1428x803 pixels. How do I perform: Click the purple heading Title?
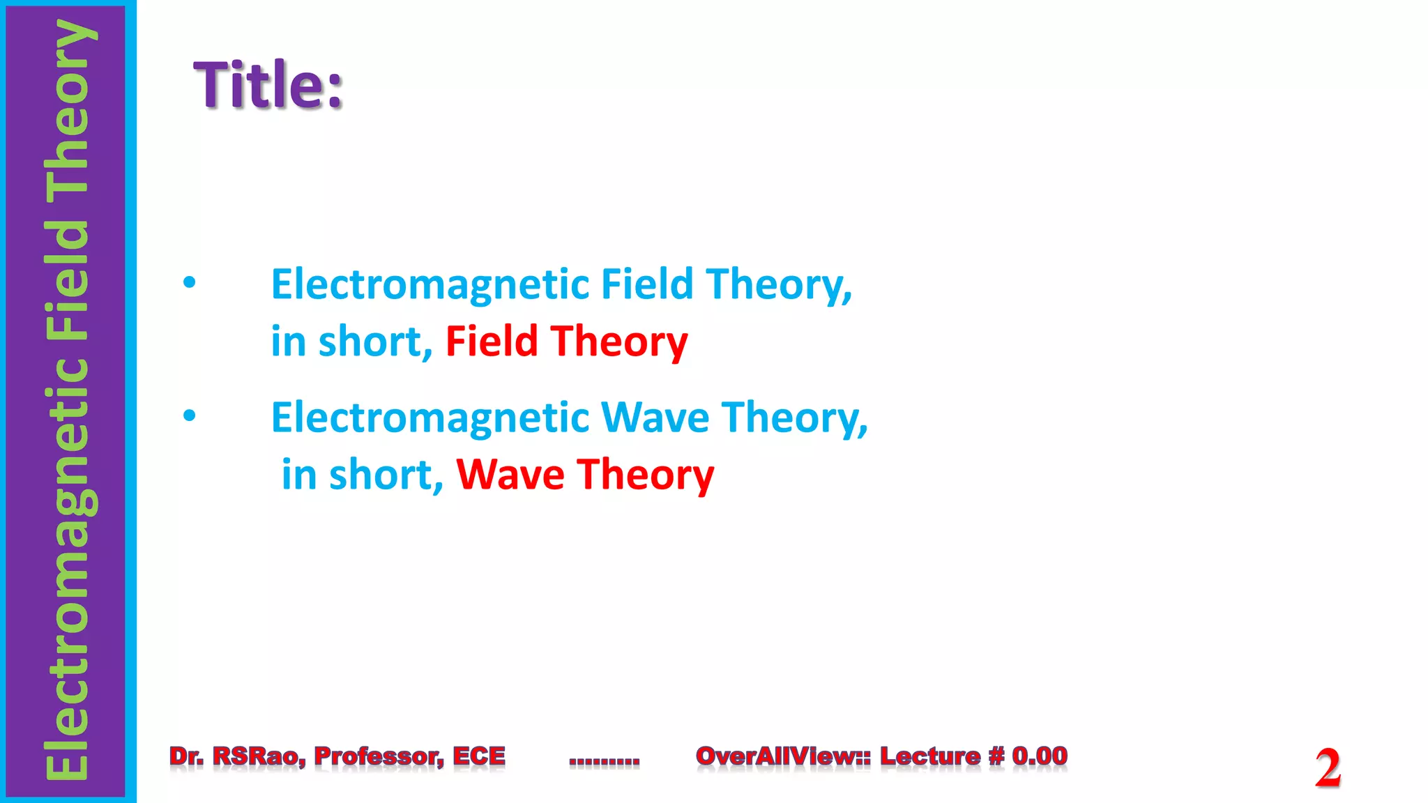268,85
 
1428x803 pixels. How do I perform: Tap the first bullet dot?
190,283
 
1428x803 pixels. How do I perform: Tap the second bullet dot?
190,416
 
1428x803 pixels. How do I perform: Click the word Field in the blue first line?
646,284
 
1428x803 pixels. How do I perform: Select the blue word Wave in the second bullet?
655,418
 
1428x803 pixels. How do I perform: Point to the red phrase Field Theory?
566,342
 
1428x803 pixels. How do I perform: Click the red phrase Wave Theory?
585,475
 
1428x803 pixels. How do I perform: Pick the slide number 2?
1328,767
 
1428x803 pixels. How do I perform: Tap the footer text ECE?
479,756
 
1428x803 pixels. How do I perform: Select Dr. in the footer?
186,756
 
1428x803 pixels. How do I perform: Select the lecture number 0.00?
1040,756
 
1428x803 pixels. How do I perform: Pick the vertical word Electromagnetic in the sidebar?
67,569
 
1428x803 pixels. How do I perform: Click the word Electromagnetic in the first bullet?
430,284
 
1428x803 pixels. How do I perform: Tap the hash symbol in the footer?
996,756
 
